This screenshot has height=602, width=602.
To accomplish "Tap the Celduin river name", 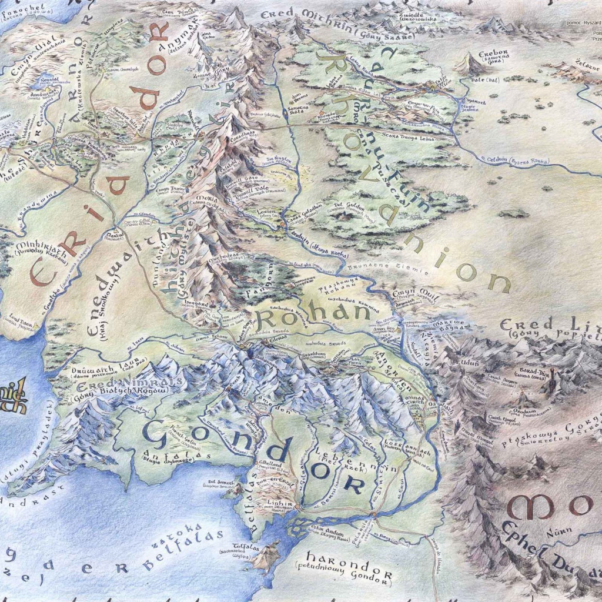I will (x=506, y=159).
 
